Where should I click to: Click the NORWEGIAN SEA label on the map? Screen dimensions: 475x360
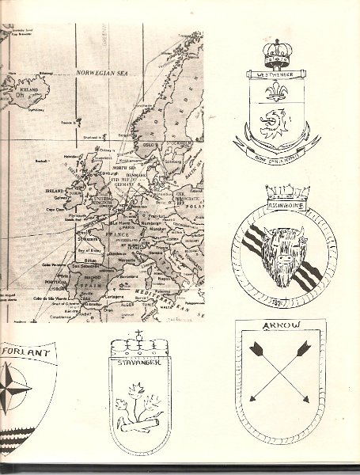coord(104,72)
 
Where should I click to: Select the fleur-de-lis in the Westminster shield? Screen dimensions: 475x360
coord(275,91)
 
